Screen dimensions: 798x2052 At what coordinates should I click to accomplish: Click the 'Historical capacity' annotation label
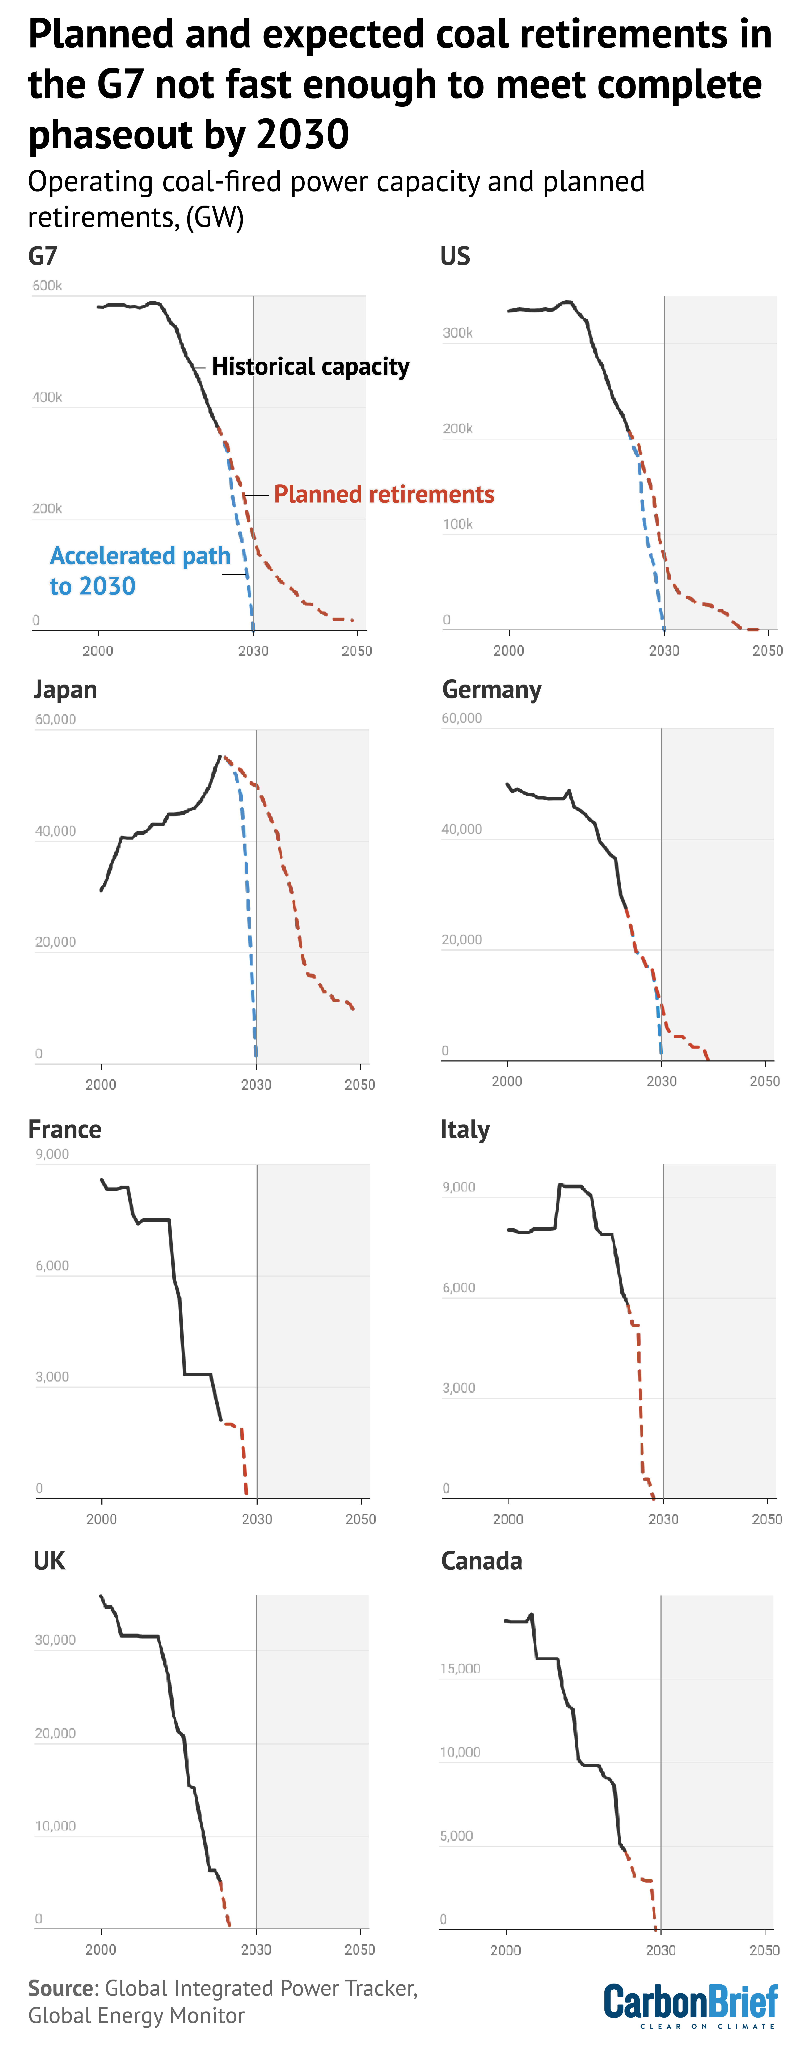(311, 366)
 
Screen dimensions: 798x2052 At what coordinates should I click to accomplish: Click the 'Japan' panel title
(65, 689)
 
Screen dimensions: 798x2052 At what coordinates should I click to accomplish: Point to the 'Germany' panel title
(491, 689)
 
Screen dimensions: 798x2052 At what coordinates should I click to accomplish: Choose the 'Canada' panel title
(482, 1560)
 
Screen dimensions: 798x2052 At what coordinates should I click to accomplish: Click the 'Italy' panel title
(465, 1130)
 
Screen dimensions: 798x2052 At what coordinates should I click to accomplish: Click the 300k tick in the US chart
(458, 333)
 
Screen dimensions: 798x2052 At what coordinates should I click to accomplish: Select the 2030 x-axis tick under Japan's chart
(256, 1084)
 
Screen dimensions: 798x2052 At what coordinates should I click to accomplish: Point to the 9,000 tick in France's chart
(52, 1153)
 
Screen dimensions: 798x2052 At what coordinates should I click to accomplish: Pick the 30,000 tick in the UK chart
(55, 1639)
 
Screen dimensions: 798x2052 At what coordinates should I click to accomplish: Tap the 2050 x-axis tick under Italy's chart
(767, 1519)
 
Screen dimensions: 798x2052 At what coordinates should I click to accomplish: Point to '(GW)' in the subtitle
(215, 218)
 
